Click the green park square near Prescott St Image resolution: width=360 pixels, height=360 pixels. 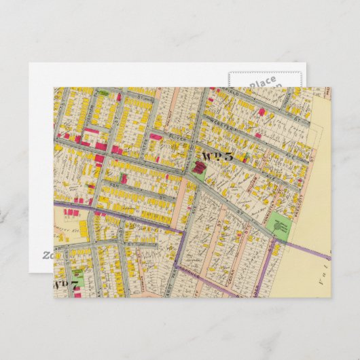click(x=281, y=226)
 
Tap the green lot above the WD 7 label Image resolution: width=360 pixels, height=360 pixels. click(x=78, y=277)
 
